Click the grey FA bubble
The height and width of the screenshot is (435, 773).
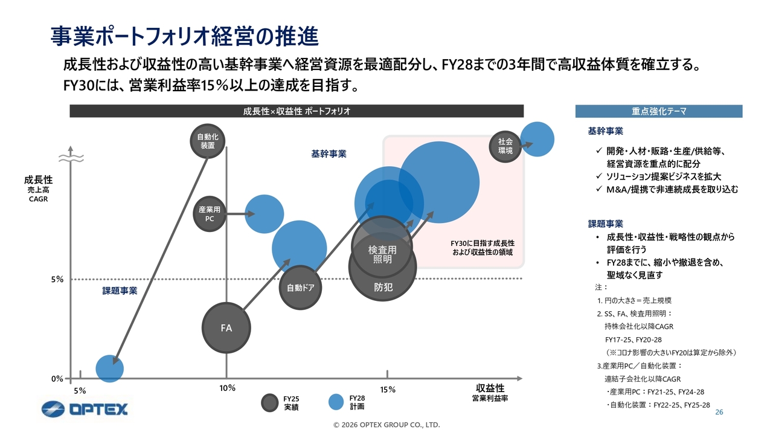coord(226,327)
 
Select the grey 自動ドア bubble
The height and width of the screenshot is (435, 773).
coord(299,288)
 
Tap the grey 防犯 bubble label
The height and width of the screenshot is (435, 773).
coord(383,287)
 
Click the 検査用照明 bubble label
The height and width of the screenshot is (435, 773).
coord(382,254)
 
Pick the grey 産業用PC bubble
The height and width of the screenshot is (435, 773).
coord(210,214)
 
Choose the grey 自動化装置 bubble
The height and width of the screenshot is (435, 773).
coord(207,141)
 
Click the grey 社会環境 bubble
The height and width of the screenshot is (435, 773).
coord(505,146)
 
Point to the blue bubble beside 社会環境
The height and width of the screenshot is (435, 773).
coord(537,138)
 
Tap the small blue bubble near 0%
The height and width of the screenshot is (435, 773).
coord(110,369)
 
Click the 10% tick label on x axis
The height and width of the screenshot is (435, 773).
coord(226,388)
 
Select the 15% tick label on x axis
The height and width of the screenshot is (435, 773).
coord(388,390)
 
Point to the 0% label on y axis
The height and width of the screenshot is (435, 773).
coord(57,379)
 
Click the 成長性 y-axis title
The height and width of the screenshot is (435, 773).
coord(38,180)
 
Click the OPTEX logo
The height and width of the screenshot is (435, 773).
coord(85,409)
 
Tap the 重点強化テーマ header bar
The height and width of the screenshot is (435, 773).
coord(658,111)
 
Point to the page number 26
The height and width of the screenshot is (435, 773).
coord(719,412)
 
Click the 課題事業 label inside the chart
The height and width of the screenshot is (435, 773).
coord(120,291)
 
